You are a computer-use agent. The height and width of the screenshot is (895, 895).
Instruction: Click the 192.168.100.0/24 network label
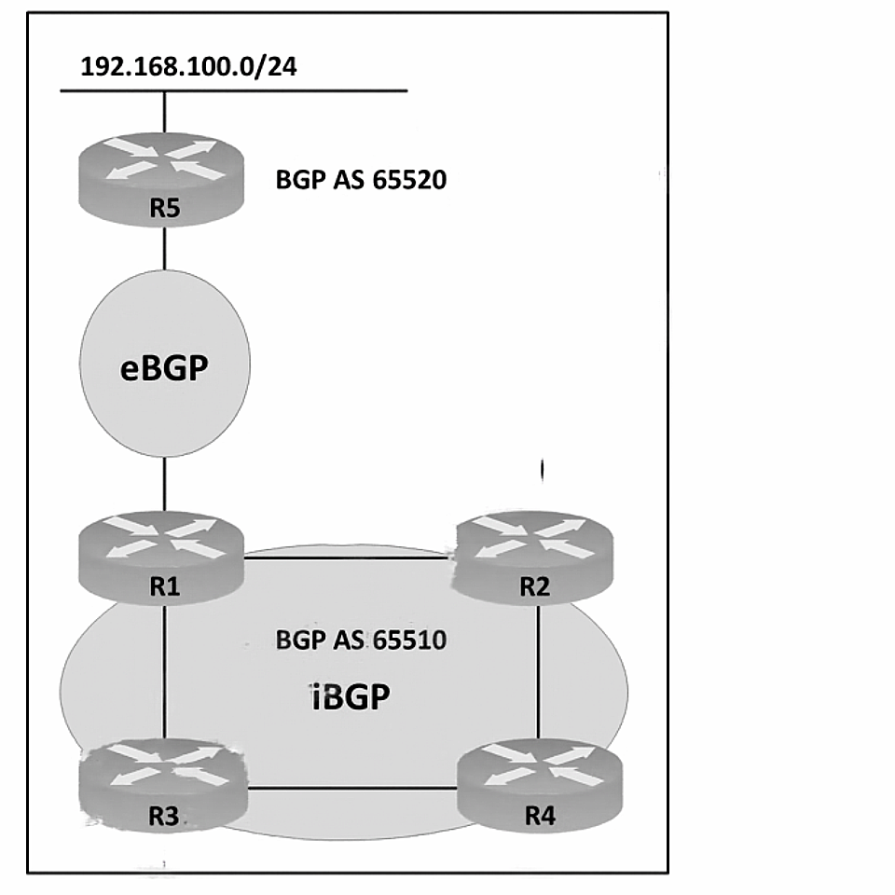click(x=189, y=67)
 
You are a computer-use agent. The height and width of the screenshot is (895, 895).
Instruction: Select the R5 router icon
click(x=161, y=180)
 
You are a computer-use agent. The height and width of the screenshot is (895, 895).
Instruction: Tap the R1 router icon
click(x=161, y=558)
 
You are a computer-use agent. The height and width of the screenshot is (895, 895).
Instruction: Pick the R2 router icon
click(x=532, y=558)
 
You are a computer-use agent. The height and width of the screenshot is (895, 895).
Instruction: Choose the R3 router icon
click(x=164, y=786)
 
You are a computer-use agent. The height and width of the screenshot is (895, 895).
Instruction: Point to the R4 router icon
click(x=540, y=786)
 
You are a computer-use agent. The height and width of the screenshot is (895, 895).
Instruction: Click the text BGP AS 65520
click(x=361, y=180)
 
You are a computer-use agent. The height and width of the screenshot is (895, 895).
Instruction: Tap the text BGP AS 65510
click(x=361, y=640)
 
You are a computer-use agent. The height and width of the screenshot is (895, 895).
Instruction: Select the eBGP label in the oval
click(x=164, y=368)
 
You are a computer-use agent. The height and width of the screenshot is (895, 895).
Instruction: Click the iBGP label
click(x=351, y=696)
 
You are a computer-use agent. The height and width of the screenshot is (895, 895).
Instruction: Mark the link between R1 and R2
click(x=348, y=558)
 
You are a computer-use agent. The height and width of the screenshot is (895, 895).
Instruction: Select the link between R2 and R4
click(x=539, y=671)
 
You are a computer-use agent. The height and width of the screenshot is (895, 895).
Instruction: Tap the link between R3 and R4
click(x=352, y=789)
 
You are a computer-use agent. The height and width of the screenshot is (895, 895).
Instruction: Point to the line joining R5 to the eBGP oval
click(x=164, y=248)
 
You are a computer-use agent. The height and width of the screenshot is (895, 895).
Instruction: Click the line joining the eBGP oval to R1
click(x=164, y=484)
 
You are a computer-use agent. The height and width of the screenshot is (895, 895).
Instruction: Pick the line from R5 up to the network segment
click(x=164, y=113)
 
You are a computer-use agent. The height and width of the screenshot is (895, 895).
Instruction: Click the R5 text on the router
click(x=164, y=208)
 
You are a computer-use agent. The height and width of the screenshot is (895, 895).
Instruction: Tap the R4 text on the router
click(x=540, y=816)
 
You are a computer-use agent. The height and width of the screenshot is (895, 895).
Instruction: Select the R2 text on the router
click(x=535, y=586)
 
